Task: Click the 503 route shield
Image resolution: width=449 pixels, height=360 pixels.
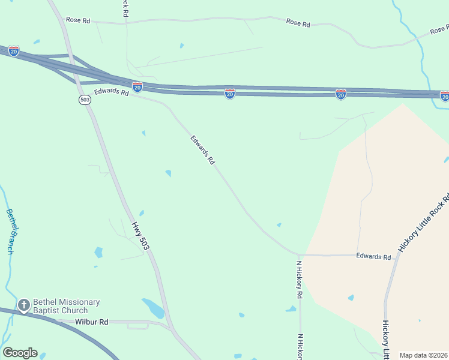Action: [x=85, y=100]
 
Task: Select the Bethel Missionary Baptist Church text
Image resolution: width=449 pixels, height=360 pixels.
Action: [x=66, y=306]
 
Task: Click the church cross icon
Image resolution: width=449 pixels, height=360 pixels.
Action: [x=24, y=306]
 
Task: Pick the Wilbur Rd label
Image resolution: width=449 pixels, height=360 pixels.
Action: [x=92, y=322]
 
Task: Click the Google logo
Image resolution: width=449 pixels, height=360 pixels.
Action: [x=20, y=353]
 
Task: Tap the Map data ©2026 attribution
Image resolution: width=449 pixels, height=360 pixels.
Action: [x=423, y=355]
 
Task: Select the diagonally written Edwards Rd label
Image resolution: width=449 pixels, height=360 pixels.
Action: [x=203, y=150]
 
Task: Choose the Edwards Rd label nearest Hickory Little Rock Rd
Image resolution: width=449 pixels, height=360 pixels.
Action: [x=373, y=256]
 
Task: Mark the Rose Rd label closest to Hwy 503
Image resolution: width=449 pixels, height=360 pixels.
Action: [x=78, y=20]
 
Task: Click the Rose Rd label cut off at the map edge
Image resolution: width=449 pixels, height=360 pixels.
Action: [x=439, y=29]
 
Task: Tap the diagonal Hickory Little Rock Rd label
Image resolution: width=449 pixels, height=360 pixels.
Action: [x=424, y=223]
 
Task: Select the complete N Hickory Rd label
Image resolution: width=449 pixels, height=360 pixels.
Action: [x=299, y=279]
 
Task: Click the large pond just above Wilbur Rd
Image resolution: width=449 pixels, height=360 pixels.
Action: [x=154, y=308]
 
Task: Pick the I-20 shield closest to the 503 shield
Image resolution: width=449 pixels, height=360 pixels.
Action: [x=137, y=87]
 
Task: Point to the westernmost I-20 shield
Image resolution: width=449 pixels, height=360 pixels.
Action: [x=14, y=51]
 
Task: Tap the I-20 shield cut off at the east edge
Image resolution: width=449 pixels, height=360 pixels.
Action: [x=445, y=96]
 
